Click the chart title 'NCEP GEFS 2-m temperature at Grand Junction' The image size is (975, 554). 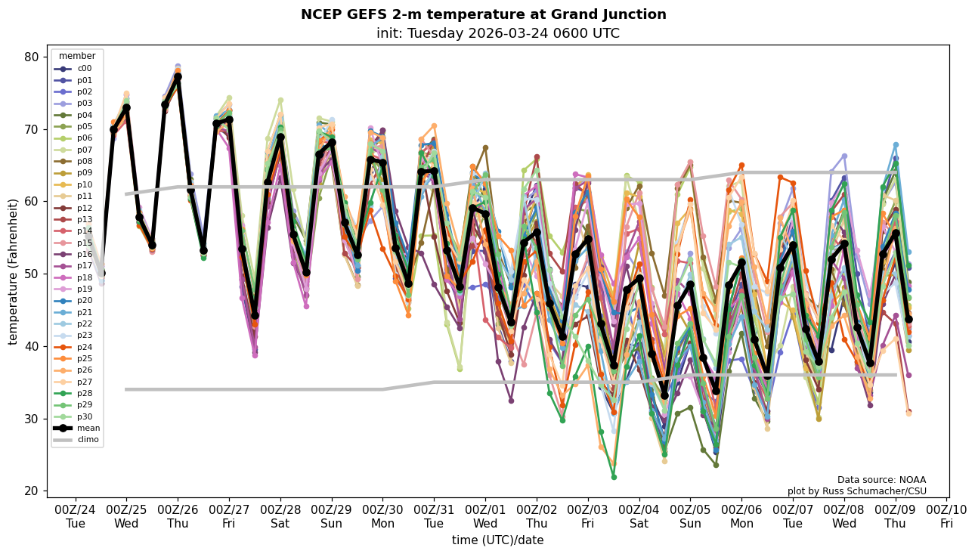[x=483, y=14]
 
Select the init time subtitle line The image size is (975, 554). [x=497, y=33]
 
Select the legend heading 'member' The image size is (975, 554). [x=77, y=56]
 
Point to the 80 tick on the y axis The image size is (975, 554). [x=31, y=57]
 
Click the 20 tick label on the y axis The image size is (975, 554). [x=31, y=491]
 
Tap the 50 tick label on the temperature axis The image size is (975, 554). [x=31, y=274]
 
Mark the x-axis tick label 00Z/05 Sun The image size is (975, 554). [x=689, y=515]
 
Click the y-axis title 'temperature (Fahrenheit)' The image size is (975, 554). [x=14, y=271]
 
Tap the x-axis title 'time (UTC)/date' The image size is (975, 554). [x=497, y=540]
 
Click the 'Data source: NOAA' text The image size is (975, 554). [x=881, y=480]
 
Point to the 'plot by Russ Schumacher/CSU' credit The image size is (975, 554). [x=856, y=491]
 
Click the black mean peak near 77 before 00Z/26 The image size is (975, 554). [x=178, y=77]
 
